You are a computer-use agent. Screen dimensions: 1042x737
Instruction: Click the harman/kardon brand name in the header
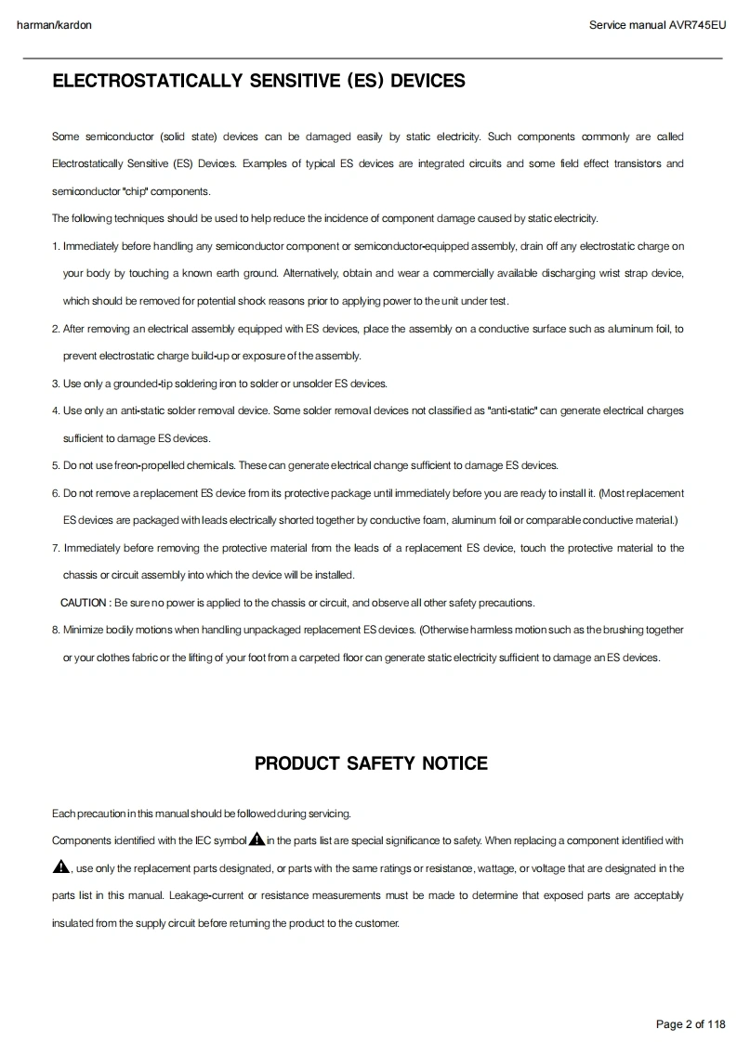click(54, 25)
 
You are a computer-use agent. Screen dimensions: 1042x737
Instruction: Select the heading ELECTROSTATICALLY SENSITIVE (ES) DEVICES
click(258, 81)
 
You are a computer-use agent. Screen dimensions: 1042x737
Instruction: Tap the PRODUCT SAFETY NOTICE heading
click(371, 763)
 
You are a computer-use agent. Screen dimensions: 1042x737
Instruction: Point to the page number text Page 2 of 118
click(691, 1024)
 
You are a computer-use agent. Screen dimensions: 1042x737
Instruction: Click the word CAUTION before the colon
click(84, 603)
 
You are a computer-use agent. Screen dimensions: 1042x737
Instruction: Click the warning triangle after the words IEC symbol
click(257, 840)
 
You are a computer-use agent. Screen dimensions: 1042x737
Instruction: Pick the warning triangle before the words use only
click(60, 867)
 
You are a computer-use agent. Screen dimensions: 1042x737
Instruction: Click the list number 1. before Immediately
click(56, 246)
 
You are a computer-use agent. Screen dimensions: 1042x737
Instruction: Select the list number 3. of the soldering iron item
click(56, 384)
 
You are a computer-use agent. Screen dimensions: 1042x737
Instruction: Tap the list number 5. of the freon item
click(56, 465)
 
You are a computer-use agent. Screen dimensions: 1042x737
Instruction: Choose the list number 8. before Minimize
click(56, 630)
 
